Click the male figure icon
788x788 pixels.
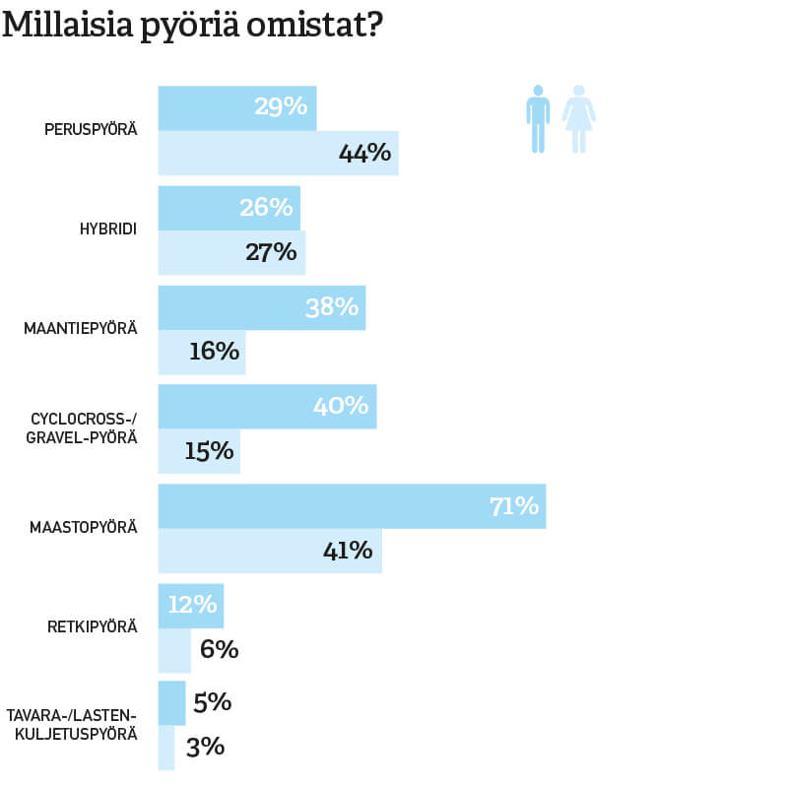pos(537,118)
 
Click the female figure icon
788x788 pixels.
pos(579,118)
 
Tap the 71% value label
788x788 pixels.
pos(513,506)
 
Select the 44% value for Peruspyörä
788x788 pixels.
pos(364,154)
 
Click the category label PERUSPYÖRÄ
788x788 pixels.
pos(91,130)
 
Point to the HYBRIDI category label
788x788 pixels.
pos(107,230)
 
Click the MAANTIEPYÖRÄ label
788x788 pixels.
pos(81,328)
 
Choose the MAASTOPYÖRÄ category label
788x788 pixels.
pos(84,527)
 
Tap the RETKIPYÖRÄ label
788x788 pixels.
pos(93,625)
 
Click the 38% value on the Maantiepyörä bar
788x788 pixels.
pos(332,307)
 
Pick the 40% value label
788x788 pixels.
pos(341,406)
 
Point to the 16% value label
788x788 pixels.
pos(214,352)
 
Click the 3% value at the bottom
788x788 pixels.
pos(205,747)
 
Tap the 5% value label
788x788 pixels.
pos(212,702)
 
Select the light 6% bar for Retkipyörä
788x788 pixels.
pos(174,650)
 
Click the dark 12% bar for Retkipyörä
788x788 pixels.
pos(191,605)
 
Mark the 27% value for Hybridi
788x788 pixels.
pos(271,252)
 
